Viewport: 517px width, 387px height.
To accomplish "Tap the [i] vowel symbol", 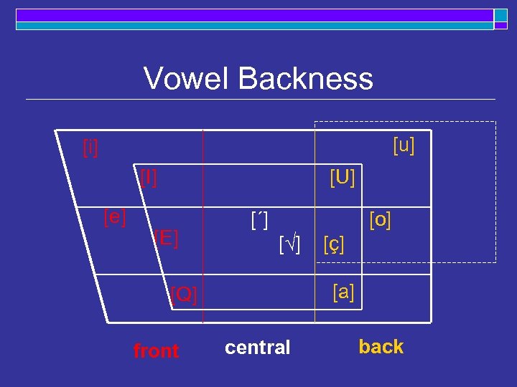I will pyautogui.click(x=90, y=148).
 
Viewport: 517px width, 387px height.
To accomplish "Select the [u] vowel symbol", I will pyautogui.click(x=404, y=145).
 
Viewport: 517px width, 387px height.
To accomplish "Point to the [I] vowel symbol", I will pyautogui.click(x=149, y=176).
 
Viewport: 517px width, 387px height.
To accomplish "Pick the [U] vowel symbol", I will pyautogui.click(x=342, y=176).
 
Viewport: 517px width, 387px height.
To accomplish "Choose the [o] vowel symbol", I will pyautogui.click(x=380, y=219).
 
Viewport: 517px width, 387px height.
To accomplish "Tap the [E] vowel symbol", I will pyautogui.click(x=166, y=237).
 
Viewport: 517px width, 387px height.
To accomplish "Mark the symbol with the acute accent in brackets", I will pyautogui.click(x=260, y=219).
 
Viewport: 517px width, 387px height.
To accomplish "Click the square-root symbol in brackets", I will pyautogui.click(x=289, y=244).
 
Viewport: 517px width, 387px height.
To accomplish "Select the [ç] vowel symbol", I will pyautogui.click(x=334, y=244).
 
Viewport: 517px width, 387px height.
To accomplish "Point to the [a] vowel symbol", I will pyautogui.click(x=343, y=292).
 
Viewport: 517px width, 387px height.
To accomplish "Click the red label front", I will pyautogui.click(x=156, y=350).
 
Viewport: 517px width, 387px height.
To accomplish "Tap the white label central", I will pyautogui.click(x=257, y=348).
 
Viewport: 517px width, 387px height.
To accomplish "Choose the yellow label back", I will pyautogui.click(x=381, y=347).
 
